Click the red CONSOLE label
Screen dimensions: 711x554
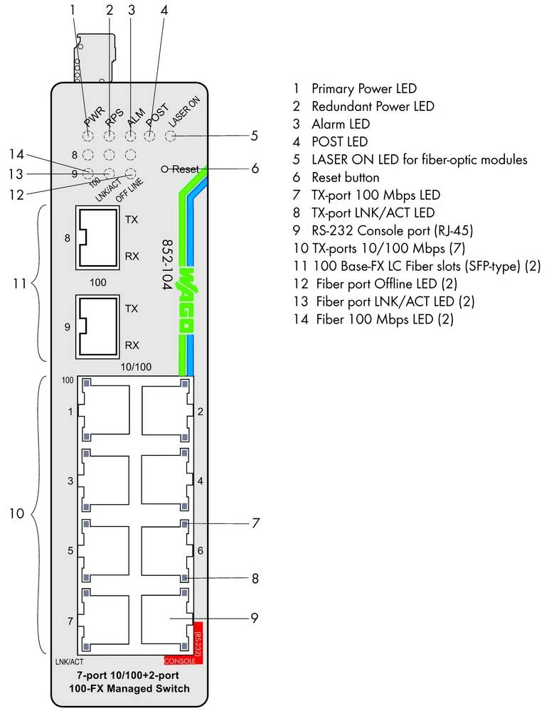(x=179, y=661)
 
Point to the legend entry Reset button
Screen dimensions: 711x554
(x=345, y=177)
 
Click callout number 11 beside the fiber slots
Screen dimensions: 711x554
(x=20, y=284)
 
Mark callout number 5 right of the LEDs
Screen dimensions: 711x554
(x=254, y=134)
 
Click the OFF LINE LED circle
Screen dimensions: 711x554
(x=131, y=173)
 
